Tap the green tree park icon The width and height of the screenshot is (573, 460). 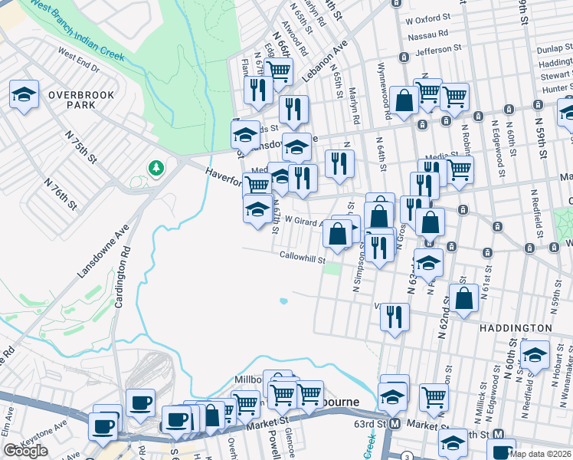[156, 167]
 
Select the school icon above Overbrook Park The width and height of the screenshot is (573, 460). [24, 94]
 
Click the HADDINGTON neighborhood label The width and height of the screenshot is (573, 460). [515, 328]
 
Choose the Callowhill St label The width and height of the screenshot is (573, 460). [303, 255]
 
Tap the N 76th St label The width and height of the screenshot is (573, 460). [61, 195]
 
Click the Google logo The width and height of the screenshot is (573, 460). [25, 450]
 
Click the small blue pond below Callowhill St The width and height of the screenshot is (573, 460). [283, 301]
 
